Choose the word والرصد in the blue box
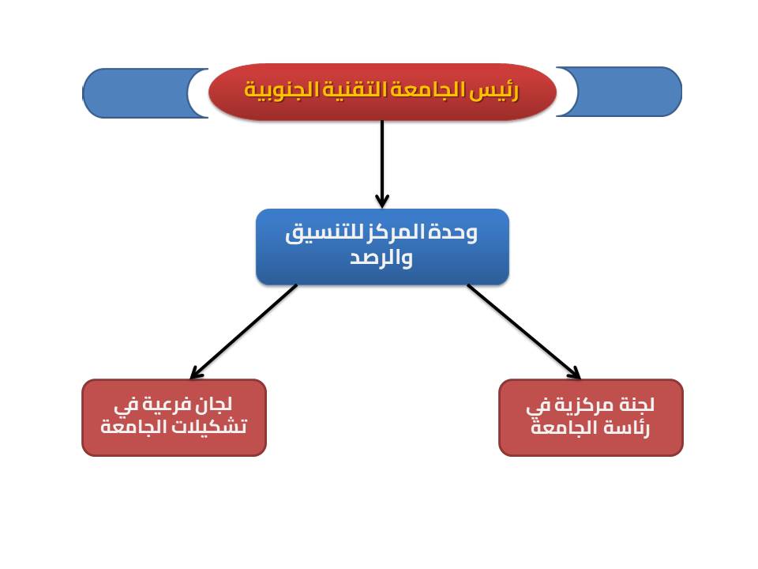point(381,258)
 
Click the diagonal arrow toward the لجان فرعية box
point(244,331)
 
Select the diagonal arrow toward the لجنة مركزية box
point(524,331)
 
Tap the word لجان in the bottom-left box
point(213,404)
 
